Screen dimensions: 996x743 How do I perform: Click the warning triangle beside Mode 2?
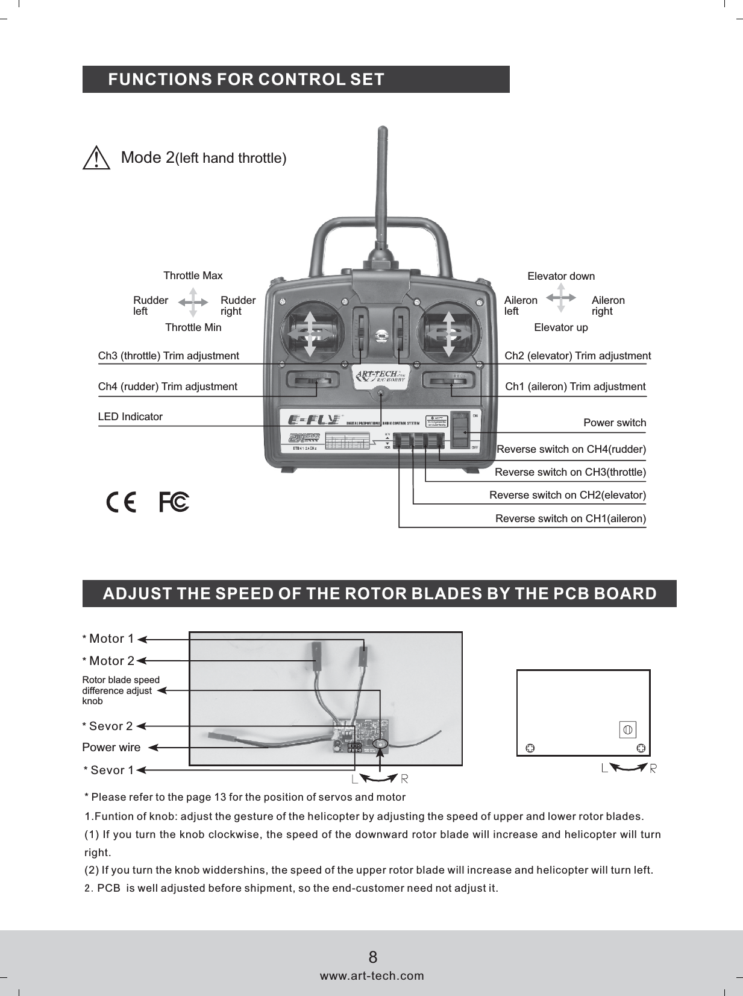pyautogui.click(x=96, y=159)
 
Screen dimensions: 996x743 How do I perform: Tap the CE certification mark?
pyautogui.click(x=121, y=502)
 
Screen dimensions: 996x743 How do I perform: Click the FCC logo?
pyautogui.click(x=174, y=502)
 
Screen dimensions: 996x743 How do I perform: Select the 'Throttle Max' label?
pyautogui.click(x=193, y=276)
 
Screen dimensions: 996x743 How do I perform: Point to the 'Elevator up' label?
pyautogui.click(x=560, y=327)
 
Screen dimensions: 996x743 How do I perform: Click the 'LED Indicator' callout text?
pyautogui.click(x=130, y=417)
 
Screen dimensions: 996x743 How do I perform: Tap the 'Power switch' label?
pyautogui.click(x=614, y=423)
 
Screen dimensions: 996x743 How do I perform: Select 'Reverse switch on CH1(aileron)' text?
pyautogui.click(x=570, y=518)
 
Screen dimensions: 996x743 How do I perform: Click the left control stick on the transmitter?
pyautogui.click(x=310, y=333)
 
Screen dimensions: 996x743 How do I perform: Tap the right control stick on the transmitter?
pyautogui.click(x=449, y=333)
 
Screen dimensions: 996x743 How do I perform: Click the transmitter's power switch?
pyautogui.click(x=460, y=431)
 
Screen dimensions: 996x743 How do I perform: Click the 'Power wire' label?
pyautogui.click(x=111, y=748)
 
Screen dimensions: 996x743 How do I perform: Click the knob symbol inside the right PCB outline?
pyautogui.click(x=627, y=730)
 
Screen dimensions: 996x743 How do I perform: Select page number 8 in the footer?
pyautogui.click(x=373, y=957)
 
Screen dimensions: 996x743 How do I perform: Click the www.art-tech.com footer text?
pyautogui.click(x=372, y=976)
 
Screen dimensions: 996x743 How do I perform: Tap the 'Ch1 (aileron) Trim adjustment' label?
pyautogui.click(x=575, y=386)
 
